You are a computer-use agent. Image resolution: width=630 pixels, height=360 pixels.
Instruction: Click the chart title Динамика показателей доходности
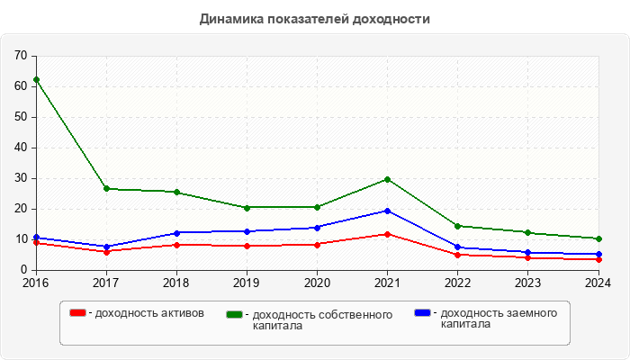[x=314, y=19]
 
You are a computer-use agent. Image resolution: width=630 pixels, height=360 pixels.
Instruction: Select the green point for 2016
[x=36, y=79]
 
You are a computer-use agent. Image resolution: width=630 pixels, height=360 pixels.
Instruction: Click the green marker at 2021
[x=387, y=179]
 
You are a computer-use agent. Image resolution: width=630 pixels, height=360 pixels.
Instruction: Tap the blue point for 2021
[x=387, y=211]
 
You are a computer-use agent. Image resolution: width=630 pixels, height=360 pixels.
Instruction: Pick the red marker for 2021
[x=387, y=234]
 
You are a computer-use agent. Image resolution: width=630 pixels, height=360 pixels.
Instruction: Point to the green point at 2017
[x=106, y=188]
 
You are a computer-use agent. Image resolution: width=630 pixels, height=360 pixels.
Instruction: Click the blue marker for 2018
[x=176, y=233]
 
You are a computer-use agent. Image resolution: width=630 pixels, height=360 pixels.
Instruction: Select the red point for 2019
[x=247, y=246]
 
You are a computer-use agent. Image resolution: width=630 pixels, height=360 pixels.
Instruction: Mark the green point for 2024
[x=598, y=238]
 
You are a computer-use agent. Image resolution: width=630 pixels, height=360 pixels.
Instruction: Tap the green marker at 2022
[x=457, y=226]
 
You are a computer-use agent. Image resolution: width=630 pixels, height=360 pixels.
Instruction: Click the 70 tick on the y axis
[x=21, y=56]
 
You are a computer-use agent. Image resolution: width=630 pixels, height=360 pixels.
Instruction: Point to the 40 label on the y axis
[x=21, y=148]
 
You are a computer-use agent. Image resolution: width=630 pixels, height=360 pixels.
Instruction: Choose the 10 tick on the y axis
[x=21, y=239]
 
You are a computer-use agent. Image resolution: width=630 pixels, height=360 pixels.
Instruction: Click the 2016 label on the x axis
[x=36, y=282]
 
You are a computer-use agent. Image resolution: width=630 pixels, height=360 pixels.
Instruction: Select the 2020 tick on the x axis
[x=317, y=282]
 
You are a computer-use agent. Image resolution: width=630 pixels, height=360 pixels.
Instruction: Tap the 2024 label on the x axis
[x=598, y=282]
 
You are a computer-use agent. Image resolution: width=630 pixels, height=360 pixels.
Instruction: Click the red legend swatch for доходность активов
[x=78, y=312]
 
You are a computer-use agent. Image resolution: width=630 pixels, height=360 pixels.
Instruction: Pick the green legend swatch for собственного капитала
[x=235, y=314]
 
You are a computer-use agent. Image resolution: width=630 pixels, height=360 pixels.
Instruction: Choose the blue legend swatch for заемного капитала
[x=422, y=312]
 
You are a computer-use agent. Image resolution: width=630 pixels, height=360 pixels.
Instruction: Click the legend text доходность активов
[x=149, y=313]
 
